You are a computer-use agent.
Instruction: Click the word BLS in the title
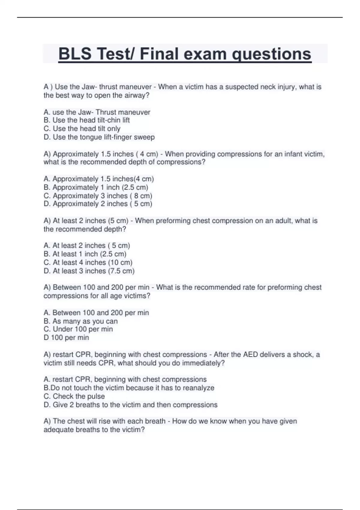[75, 54]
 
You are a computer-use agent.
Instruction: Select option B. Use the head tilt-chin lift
[87, 120]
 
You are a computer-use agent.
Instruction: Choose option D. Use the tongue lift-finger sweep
[99, 137]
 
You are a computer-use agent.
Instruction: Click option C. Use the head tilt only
[82, 129]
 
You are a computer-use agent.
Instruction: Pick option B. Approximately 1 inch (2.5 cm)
[96, 187]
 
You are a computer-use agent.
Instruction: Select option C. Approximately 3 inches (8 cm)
[98, 196]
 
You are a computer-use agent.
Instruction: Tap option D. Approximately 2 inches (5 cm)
[98, 204]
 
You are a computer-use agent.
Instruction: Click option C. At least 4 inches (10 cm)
[88, 262]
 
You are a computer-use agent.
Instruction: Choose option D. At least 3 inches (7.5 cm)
[89, 271]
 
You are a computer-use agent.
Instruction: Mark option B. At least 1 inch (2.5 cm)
[85, 254]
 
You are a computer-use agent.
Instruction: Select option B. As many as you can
[80, 321]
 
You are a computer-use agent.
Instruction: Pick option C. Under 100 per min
[78, 329]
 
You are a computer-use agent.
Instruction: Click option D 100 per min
[66, 338]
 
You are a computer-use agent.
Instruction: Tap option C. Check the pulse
[74, 396]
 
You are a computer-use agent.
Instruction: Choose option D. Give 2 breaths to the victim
[130, 405]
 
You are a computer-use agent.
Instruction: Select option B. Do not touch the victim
[129, 388]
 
